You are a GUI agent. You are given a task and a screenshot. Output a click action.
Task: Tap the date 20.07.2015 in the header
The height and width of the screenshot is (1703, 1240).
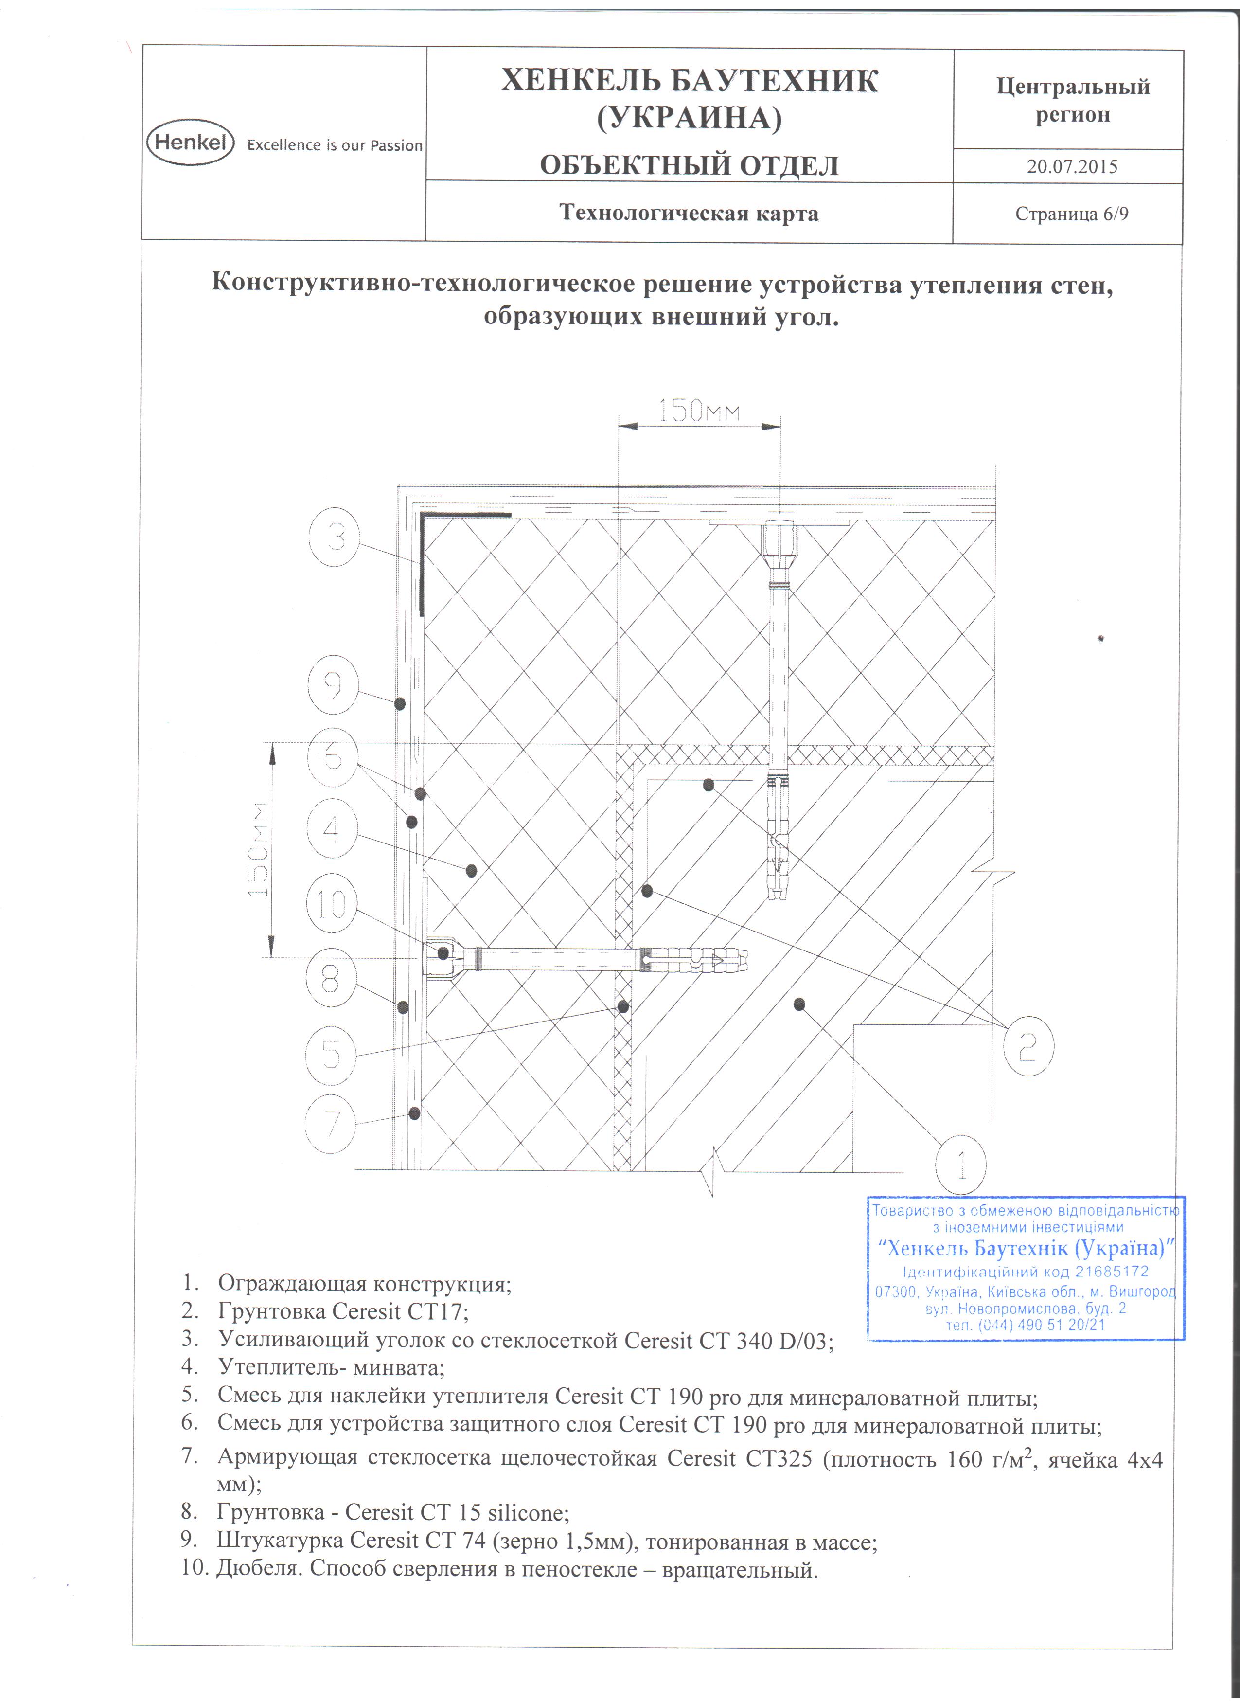coord(1072,167)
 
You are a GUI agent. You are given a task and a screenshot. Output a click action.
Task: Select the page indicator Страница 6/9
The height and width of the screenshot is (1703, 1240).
coord(1072,214)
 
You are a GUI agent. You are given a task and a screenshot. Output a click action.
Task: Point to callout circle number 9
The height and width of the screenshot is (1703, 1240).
coord(333,685)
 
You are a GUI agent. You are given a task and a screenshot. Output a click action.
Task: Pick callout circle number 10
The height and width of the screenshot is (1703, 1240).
coord(331,904)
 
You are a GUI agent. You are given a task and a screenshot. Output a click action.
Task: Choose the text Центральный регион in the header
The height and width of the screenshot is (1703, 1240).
coord(1073,101)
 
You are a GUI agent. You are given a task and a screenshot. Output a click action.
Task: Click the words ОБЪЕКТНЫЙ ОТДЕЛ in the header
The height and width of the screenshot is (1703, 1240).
coord(689,165)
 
